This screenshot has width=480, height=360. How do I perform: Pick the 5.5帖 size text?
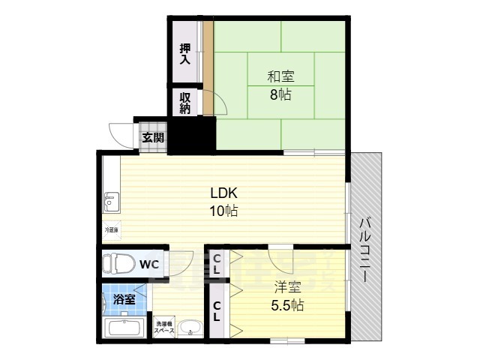[x=287, y=305]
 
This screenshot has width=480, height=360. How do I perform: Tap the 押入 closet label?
[x=184, y=56]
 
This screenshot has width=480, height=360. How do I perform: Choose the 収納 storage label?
[x=184, y=103]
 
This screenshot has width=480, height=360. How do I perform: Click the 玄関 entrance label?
[x=150, y=137]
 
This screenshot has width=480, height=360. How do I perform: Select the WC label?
[x=148, y=264]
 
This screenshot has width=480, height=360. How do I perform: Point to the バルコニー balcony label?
[x=364, y=247]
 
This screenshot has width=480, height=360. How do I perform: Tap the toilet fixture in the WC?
[x=119, y=264]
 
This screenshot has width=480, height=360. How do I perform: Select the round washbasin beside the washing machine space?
[x=190, y=328]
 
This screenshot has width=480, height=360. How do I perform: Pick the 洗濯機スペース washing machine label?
[x=164, y=326]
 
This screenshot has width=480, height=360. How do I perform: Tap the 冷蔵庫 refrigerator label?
[x=111, y=229]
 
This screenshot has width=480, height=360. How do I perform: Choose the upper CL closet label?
[x=216, y=264]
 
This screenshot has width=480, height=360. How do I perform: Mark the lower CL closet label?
[x=216, y=310]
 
